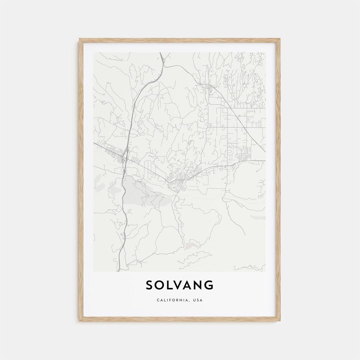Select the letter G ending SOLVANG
click(209, 285)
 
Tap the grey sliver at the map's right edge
click(259, 217)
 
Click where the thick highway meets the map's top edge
click(160, 53)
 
